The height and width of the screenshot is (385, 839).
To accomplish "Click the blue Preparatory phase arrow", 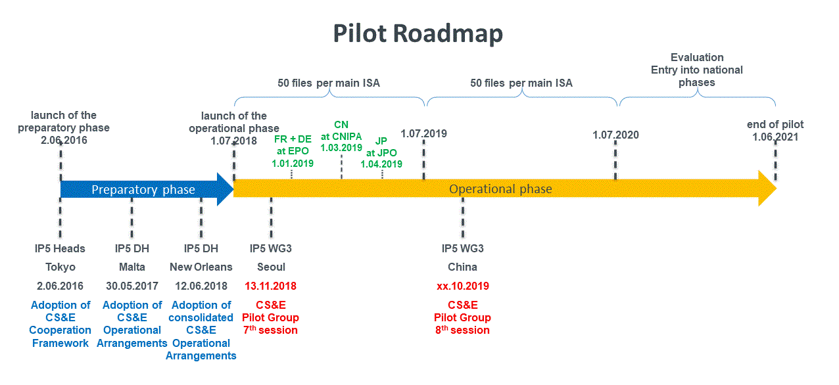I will point(143,190).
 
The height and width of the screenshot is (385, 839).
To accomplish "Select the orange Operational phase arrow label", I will point(500,189).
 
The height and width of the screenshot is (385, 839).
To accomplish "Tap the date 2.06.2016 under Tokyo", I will point(60,286).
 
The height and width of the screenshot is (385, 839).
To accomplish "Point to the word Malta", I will point(132,267).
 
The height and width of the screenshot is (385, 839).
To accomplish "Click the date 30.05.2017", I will point(132,286).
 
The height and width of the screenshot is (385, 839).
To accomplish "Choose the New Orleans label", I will point(201,267).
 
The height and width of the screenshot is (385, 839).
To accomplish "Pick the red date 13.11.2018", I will point(270,286).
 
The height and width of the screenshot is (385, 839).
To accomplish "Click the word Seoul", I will point(271,267).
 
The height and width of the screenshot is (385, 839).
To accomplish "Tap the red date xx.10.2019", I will point(463,286).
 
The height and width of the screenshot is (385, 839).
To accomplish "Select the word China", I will point(463,267).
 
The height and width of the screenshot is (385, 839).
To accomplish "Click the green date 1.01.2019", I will point(293,164).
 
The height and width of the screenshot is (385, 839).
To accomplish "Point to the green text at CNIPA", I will point(341,136).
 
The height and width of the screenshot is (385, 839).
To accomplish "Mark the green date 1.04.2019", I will point(381,164).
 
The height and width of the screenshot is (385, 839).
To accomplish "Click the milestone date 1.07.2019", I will point(423,134).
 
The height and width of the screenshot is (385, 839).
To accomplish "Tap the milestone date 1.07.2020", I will point(615,135).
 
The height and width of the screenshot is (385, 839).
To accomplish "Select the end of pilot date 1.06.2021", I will point(775,137).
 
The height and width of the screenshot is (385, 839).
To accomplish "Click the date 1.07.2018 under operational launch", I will point(234,141).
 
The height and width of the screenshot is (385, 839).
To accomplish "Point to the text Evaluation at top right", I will point(697,57).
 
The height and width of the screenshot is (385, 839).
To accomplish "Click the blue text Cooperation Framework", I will point(60,336).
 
